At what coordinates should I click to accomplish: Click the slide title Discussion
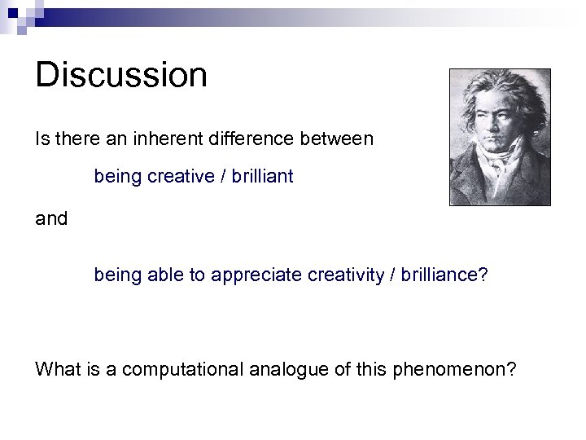121,75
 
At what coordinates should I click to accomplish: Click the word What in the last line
56,369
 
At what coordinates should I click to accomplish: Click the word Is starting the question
42,139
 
